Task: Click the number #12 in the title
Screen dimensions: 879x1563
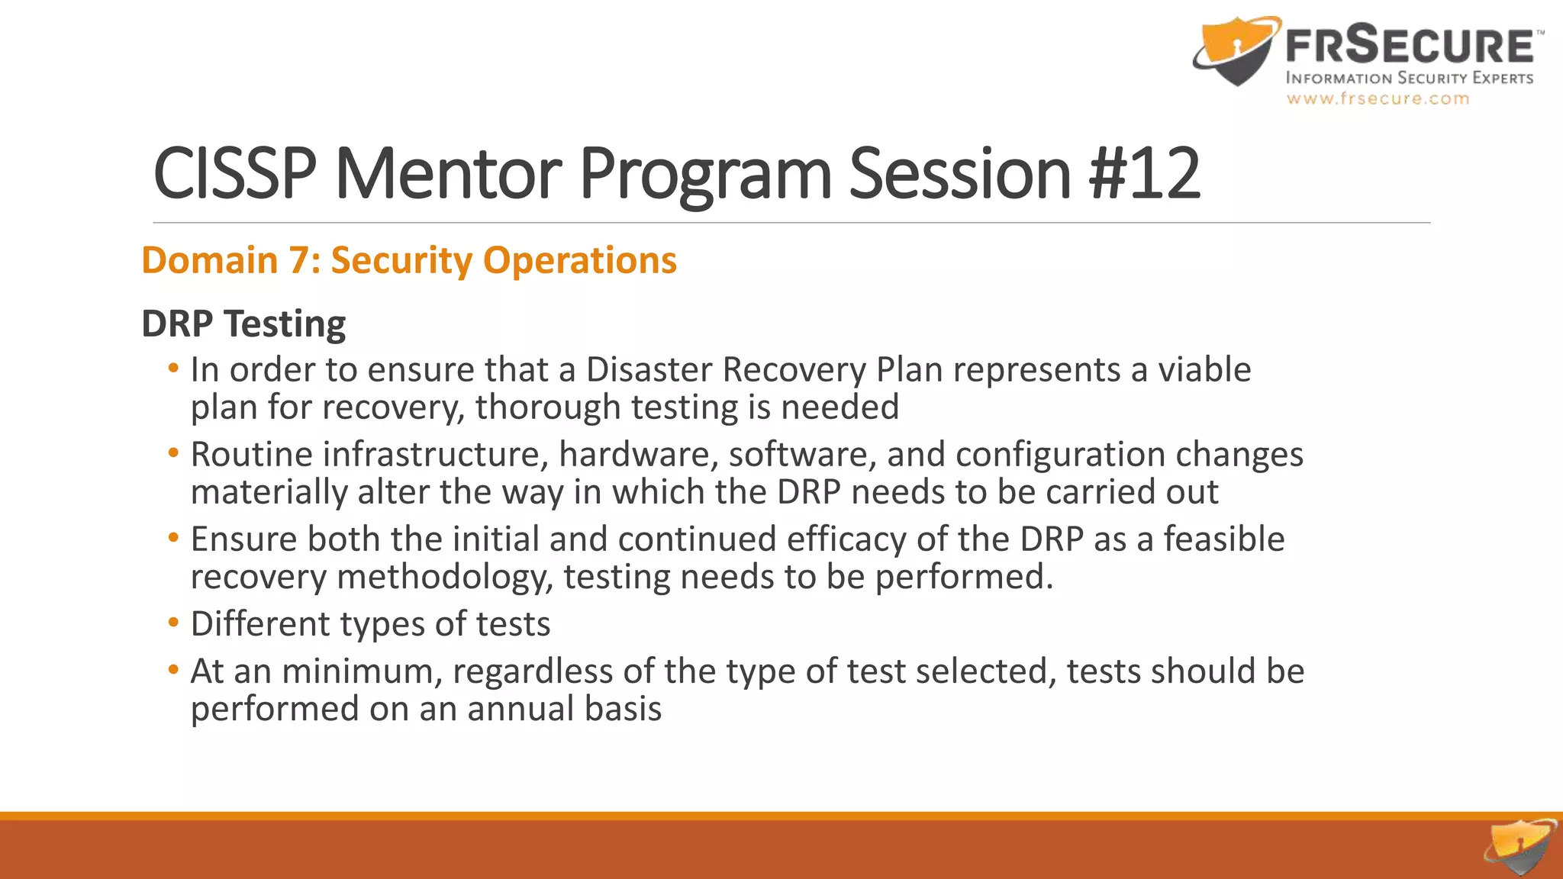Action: (x=1145, y=174)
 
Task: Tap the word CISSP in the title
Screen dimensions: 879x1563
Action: (x=234, y=174)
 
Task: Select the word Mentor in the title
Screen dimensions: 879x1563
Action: (x=448, y=174)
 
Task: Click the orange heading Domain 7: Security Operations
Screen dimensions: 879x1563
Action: (x=409, y=260)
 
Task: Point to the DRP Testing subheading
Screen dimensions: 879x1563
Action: (x=243, y=324)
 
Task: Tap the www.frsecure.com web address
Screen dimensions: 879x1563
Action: (x=1378, y=98)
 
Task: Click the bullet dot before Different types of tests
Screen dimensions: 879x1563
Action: (x=173, y=623)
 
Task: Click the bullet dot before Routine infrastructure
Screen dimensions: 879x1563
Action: (x=173, y=453)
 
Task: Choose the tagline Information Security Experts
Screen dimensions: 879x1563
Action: (x=1409, y=78)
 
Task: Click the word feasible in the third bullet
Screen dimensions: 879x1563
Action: (x=1223, y=539)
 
